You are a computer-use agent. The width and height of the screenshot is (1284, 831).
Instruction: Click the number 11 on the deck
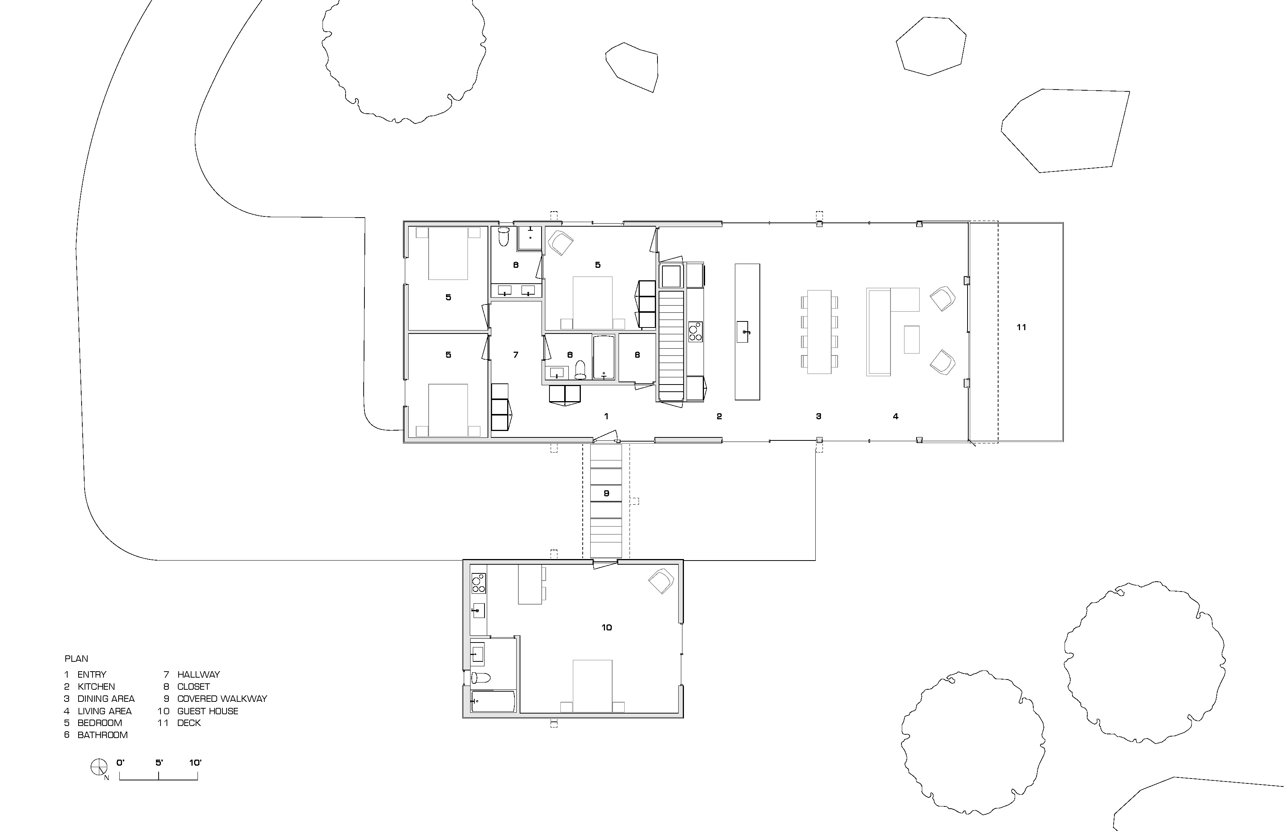pyautogui.click(x=1021, y=327)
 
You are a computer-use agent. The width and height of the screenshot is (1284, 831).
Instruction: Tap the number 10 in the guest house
pyautogui.click(x=607, y=627)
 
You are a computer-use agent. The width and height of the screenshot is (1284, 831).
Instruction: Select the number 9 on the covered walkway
pyautogui.click(x=607, y=493)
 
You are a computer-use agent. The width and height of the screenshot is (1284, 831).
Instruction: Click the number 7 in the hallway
pyautogui.click(x=516, y=355)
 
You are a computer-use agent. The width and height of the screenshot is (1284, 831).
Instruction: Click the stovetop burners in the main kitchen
pyautogui.click(x=695, y=331)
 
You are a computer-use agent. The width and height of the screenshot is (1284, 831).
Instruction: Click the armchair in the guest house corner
pyautogui.click(x=661, y=581)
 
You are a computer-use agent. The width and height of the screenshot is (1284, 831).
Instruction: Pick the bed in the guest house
pyautogui.click(x=593, y=685)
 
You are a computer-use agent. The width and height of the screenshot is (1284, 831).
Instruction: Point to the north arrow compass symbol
pyautogui.click(x=98, y=766)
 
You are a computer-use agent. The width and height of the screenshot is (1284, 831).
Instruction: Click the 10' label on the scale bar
pyautogui.click(x=195, y=763)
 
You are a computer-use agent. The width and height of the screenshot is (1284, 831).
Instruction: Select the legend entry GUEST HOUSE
pyautogui.click(x=207, y=711)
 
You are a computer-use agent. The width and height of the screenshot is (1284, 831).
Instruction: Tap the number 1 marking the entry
pyautogui.click(x=607, y=416)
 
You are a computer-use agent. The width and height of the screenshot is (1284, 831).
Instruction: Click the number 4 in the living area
pyautogui.click(x=895, y=416)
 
